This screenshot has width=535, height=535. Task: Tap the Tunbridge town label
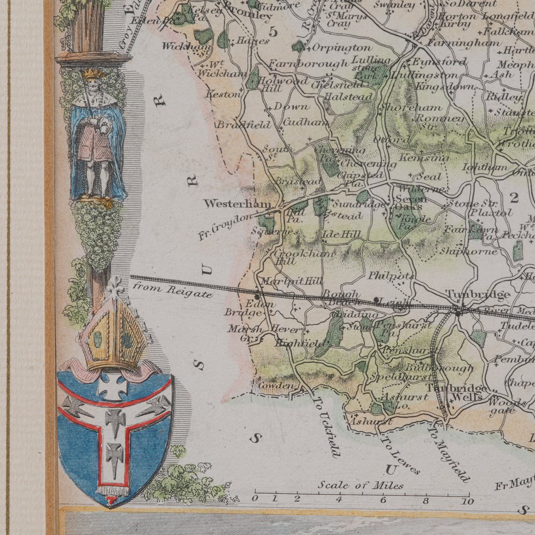pos(471,294)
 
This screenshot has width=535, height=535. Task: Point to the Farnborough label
pos(308,64)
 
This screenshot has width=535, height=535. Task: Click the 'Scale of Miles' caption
pos(361,485)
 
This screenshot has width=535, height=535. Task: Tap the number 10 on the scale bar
pos(468,501)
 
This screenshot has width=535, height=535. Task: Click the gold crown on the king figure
pos(93,74)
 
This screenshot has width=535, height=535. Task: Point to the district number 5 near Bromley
pos(273,32)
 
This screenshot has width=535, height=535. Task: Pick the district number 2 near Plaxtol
pos(515,198)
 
